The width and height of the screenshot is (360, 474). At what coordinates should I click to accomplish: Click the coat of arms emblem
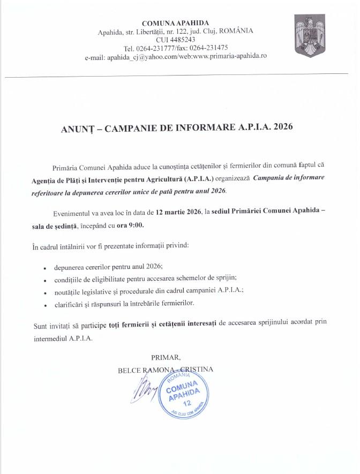click(310, 38)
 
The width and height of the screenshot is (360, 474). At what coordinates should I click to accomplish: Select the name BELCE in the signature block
click(130, 369)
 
